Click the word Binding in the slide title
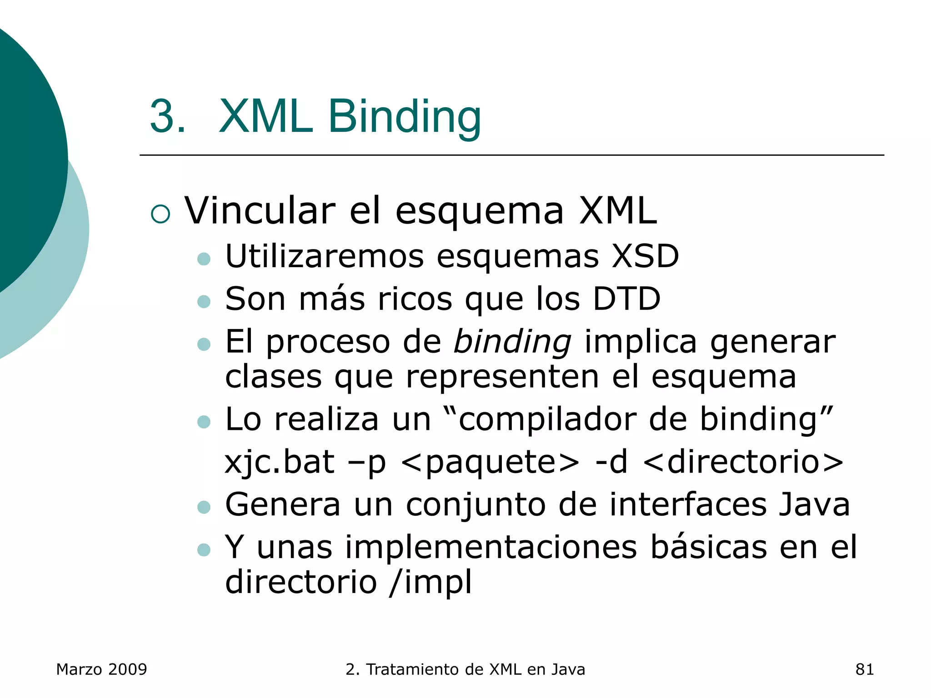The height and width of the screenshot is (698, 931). (x=404, y=117)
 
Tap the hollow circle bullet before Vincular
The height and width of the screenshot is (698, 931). (x=160, y=214)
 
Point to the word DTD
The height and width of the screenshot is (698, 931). (x=626, y=299)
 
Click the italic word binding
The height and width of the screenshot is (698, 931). (x=512, y=342)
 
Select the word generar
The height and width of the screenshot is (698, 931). (x=773, y=342)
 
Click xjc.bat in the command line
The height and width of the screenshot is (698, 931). (x=280, y=462)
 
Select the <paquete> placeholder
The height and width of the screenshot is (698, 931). (x=491, y=462)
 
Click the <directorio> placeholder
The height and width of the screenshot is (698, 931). (x=743, y=462)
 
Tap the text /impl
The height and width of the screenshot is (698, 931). (x=430, y=582)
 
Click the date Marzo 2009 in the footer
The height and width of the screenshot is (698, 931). (x=101, y=669)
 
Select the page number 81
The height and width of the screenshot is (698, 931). (x=864, y=669)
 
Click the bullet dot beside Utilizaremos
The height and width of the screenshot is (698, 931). (x=204, y=259)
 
